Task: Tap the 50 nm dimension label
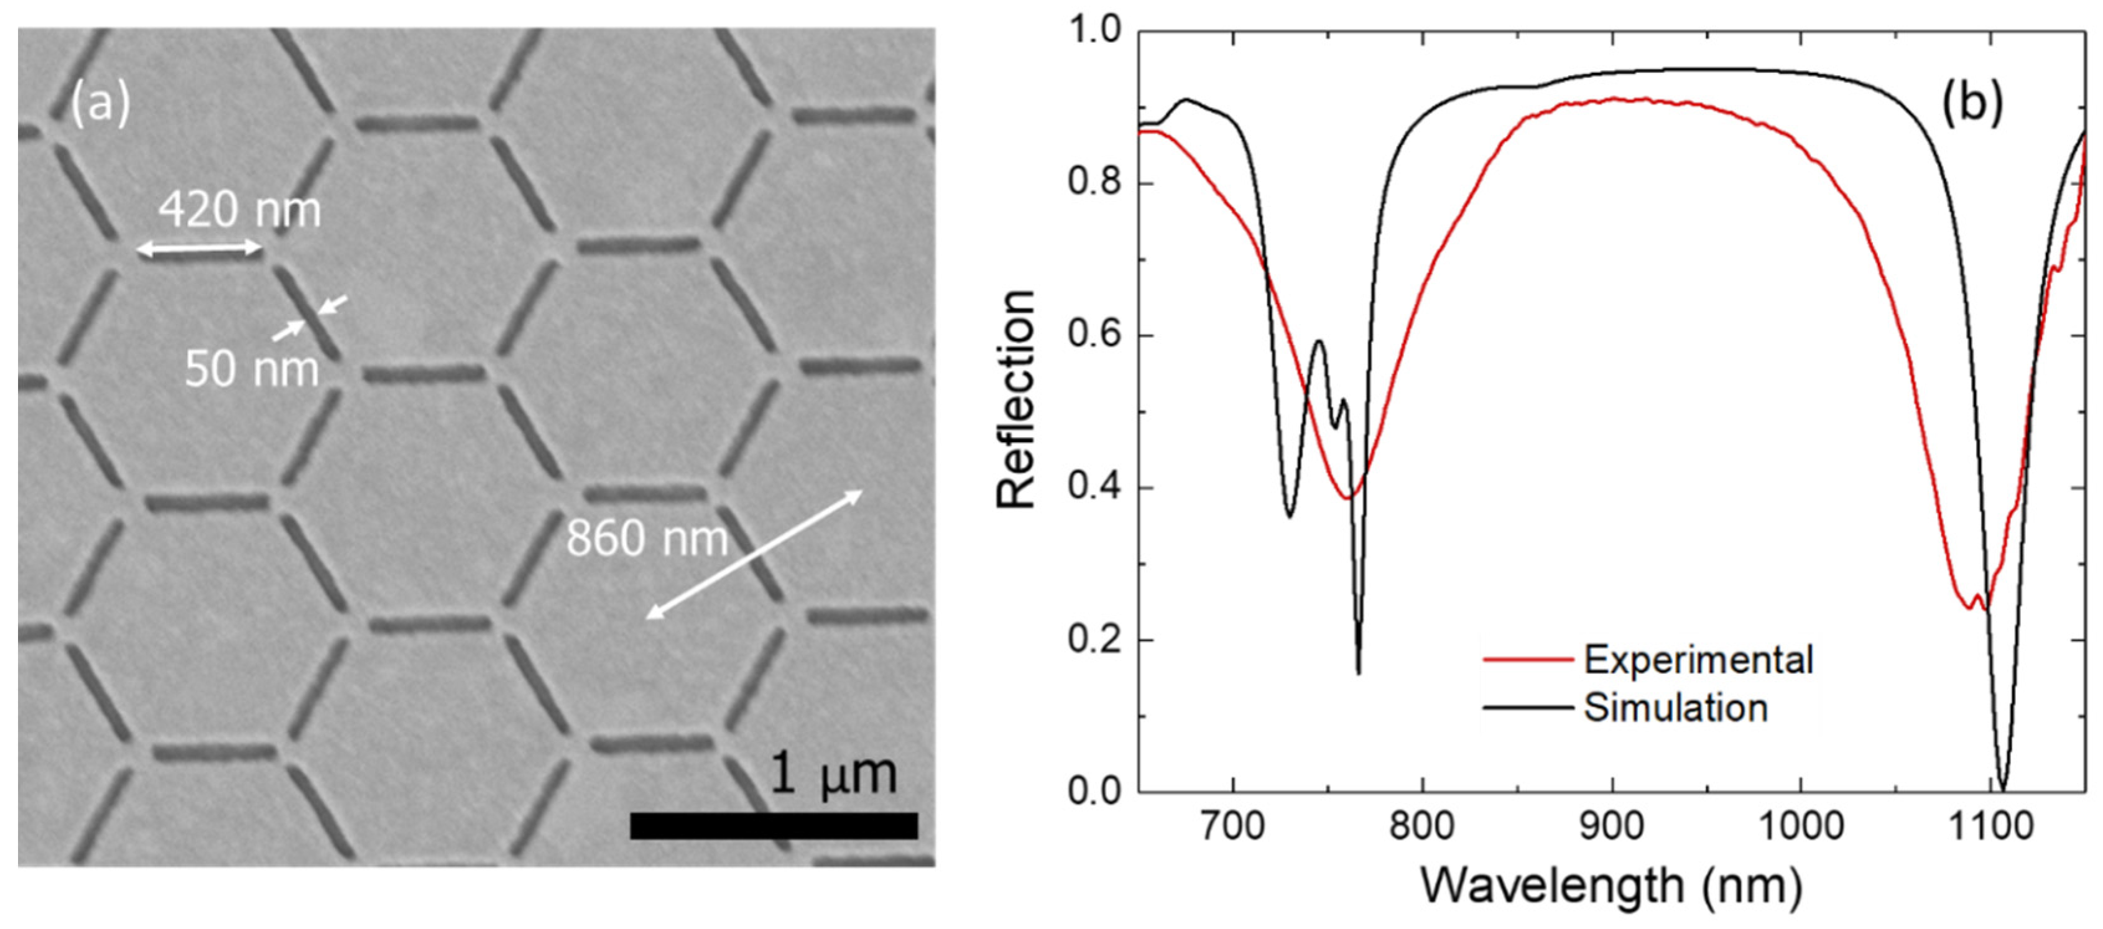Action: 251,369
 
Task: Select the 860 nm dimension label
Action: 647,538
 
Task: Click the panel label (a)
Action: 99,104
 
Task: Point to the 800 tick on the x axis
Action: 1422,826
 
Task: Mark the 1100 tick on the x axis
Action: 1991,826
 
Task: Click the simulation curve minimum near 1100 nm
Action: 2003,788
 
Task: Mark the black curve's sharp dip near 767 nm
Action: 1359,672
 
